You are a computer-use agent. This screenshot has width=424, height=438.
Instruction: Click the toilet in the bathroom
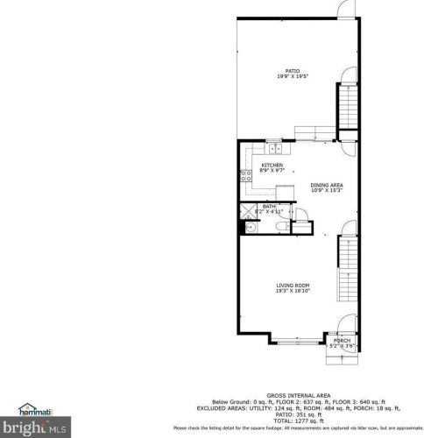[x=279, y=226]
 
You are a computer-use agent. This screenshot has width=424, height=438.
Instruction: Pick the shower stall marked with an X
[x=246, y=210]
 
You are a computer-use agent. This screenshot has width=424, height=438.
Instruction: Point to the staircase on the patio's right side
[x=348, y=105]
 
